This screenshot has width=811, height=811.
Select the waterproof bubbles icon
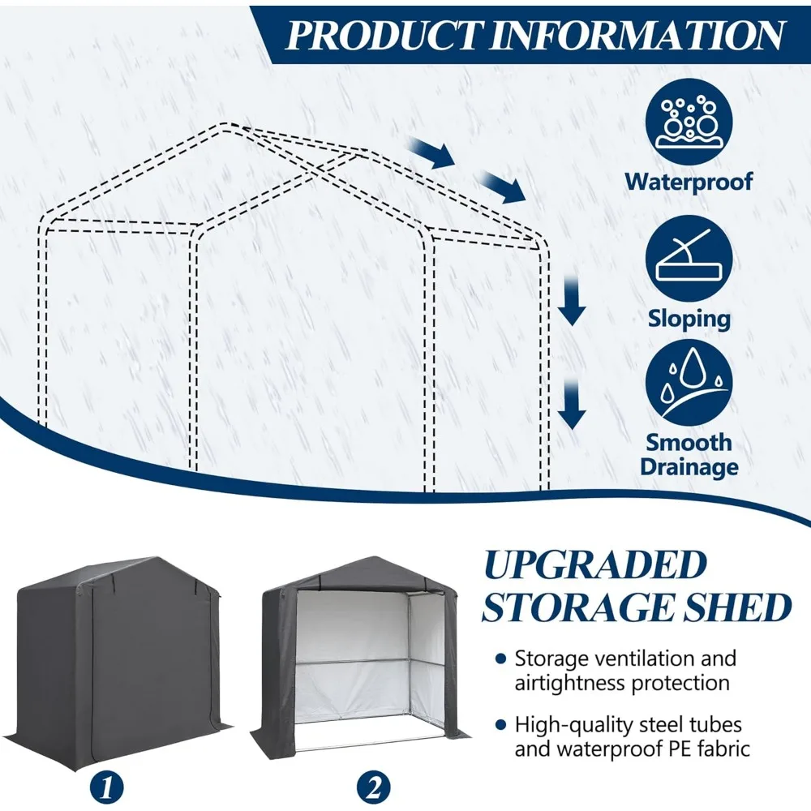pos(689,122)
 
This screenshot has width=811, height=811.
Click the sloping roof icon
pos(689,260)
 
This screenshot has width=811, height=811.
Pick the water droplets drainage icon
pos(689,382)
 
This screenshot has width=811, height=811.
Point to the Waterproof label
pos(689,181)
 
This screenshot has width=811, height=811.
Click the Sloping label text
pos(689,319)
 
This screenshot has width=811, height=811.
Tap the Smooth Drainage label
pos(689,454)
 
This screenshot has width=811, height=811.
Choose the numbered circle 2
pos(375,786)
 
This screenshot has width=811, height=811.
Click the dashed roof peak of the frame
pos(230,125)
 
